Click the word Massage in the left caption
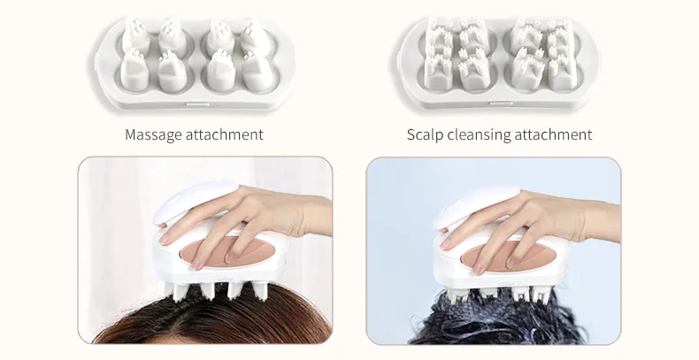coord(155,135)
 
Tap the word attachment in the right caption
coord(553,135)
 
